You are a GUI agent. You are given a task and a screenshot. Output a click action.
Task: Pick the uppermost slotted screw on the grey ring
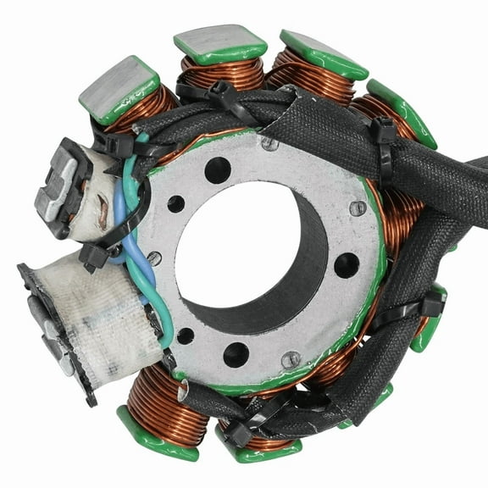pos(269,144)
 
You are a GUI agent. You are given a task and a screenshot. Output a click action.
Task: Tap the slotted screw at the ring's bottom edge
pos(291,359)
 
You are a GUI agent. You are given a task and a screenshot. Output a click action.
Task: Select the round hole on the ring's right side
pos(347,265)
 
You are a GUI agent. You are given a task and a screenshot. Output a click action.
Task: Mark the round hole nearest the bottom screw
pos(236,353)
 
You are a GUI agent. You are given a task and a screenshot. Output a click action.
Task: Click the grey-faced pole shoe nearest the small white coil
pos(119,86)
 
